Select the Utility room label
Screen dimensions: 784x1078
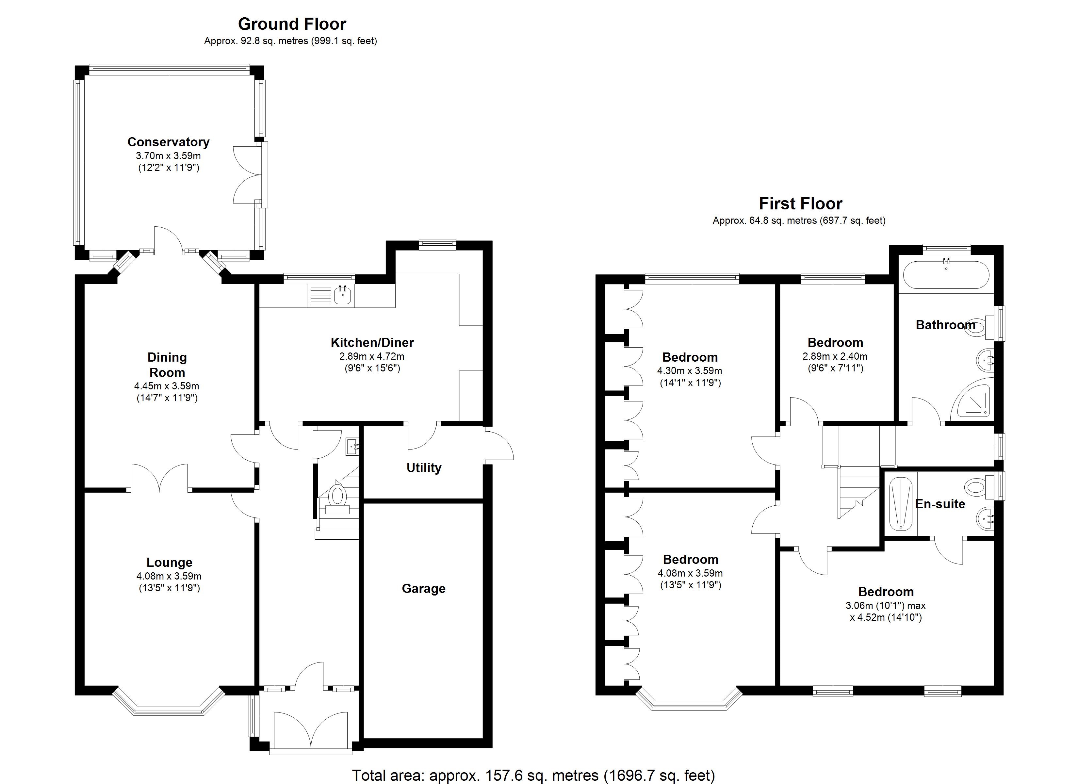pos(423,468)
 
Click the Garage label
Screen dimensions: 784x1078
pos(423,589)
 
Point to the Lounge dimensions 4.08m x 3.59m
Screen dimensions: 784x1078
pos(169,576)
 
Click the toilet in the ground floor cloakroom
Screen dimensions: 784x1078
pos(337,495)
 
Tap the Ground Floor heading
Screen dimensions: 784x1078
pos(292,24)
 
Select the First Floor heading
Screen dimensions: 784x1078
pos(800,204)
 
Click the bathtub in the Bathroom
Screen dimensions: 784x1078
pos(946,275)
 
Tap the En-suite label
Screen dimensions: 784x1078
pos(940,504)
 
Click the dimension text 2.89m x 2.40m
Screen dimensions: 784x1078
pos(835,356)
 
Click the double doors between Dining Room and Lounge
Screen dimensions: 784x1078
pos(160,478)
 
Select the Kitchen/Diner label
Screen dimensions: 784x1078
pos(372,342)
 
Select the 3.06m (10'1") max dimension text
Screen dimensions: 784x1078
pos(886,606)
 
